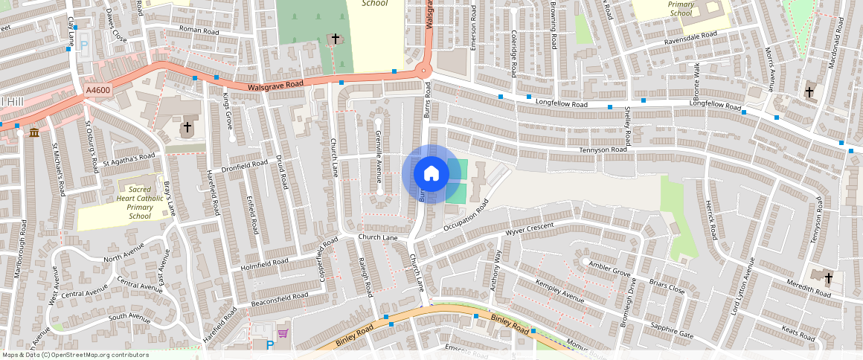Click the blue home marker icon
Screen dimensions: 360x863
tap(431, 174)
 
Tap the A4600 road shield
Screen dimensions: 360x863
tap(97, 90)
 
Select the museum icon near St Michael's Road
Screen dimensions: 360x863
tap(34, 132)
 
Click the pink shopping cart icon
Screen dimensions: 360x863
tap(283, 332)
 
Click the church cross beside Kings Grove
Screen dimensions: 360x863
tap(187, 127)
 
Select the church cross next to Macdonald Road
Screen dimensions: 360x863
tap(809, 91)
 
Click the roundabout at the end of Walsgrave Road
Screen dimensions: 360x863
tap(423, 71)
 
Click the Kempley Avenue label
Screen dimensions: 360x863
tap(559, 291)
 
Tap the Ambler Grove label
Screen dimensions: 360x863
tap(609, 269)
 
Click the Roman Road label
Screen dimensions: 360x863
tap(199, 32)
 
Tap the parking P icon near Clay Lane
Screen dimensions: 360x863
tap(84, 45)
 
